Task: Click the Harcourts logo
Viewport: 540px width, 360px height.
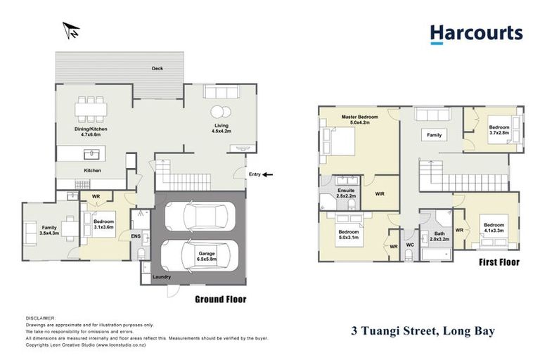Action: tap(476, 34)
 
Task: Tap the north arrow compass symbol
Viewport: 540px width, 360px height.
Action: tap(71, 30)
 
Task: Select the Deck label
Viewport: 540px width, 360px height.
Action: tap(157, 68)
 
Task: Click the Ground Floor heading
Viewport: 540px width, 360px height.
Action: tap(220, 300)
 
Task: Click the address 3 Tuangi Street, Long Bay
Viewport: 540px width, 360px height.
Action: tap(423, 330)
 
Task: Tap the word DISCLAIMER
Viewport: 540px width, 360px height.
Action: tap(39, 318)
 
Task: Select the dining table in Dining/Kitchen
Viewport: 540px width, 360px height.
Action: tap(92, 109)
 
